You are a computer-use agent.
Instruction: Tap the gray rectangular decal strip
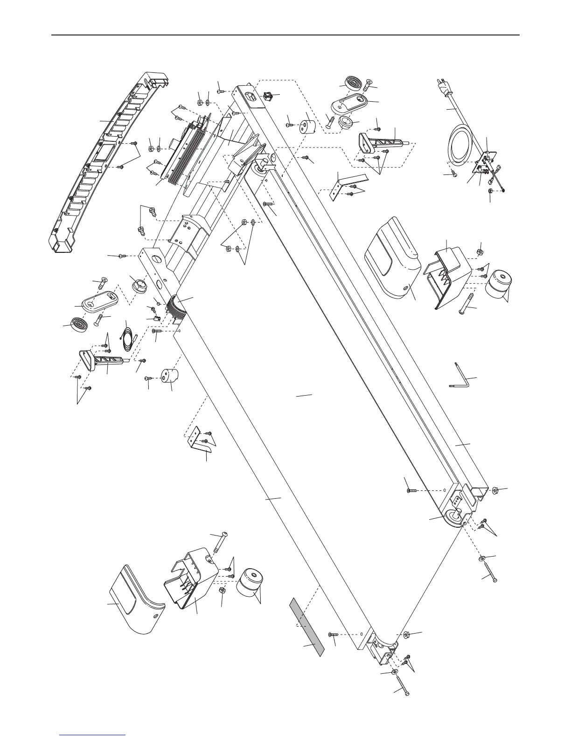(x=306, y=628)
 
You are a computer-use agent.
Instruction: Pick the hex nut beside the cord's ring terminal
(x=490, y=192)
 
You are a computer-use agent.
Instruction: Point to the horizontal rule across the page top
(x=285, y=35)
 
